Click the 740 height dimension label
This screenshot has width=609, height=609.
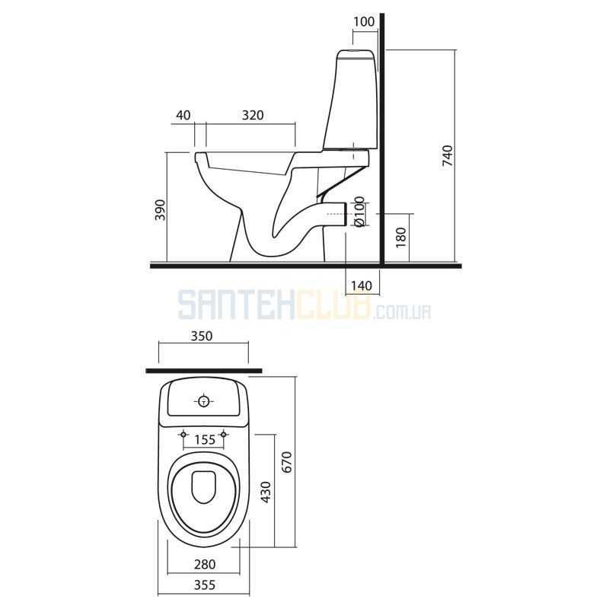click(x=448, y=156)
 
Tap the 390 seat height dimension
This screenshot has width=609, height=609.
click(x=161, y=210)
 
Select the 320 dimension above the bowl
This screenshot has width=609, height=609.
click(x=253, y=116)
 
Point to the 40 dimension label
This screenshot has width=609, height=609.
click(x=183, y=116)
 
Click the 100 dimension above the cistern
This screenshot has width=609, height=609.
click(x=364, y=22)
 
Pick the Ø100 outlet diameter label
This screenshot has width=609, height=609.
click(x=359, y=212)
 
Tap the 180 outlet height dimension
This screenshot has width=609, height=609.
click(x=401, y=238)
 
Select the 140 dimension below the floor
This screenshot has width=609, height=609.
click(x=362, y=286)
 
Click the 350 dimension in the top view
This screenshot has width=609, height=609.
click(x=202, y=336)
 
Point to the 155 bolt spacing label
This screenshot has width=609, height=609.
click(x=205, y=440)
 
